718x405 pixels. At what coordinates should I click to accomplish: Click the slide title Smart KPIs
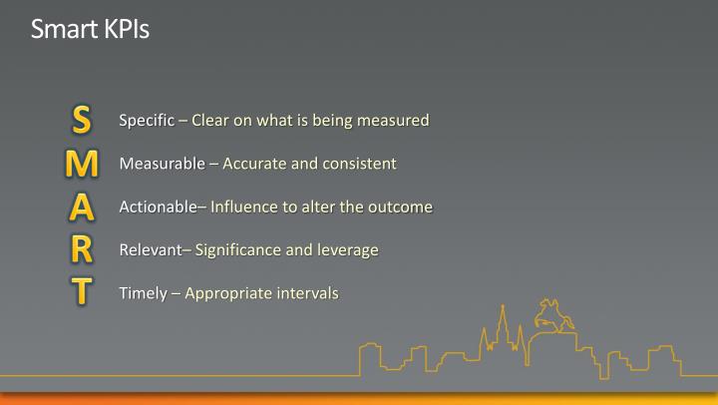[x=90, y=29]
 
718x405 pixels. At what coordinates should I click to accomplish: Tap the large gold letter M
[x=83, y=164]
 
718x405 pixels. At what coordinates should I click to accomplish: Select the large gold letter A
[x=83, y=206]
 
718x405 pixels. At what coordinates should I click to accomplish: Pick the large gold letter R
[x=83, y=249]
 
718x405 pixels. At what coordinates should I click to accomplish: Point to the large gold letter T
[x=83, y=292]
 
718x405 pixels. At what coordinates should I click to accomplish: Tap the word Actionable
[x=159, y=206]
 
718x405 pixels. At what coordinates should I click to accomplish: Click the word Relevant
[x=151, y=249]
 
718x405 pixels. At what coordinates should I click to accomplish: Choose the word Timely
[x=143, y=293]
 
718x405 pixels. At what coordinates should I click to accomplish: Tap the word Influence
[x=244, y=206]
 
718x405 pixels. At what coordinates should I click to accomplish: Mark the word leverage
[x=347, y=249]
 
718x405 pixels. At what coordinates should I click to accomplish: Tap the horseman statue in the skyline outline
[x=550, y=315]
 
